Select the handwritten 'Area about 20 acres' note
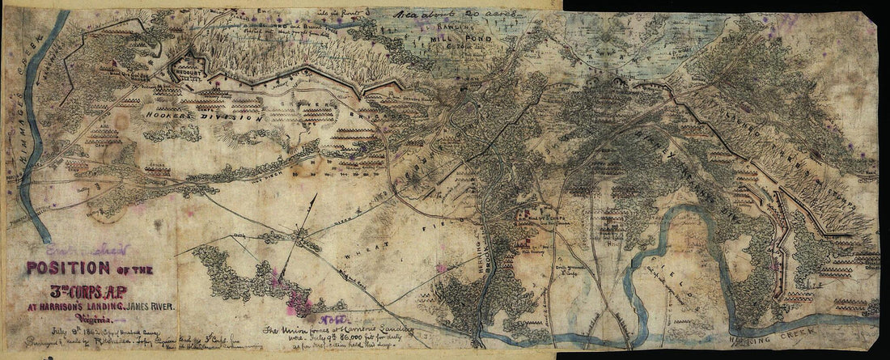(x=435, y=14)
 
